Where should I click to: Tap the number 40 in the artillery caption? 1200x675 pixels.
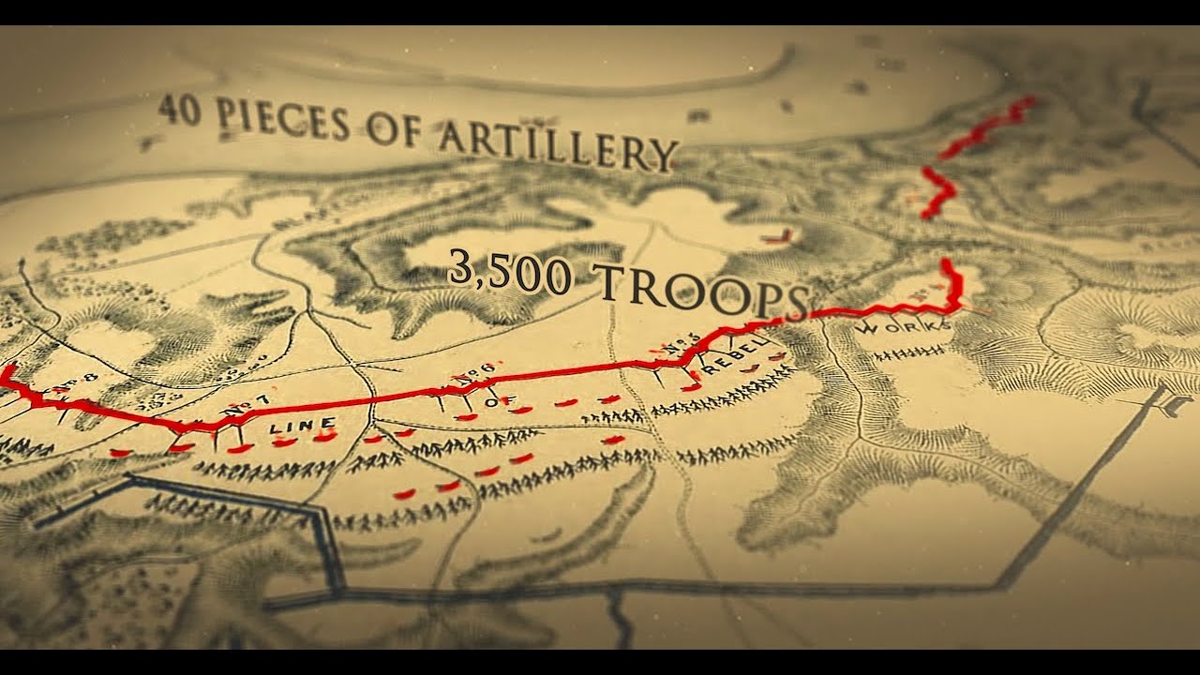(x=178, y=109)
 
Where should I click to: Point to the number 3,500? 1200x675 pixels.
(x=508, y=271)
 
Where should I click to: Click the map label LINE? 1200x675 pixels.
(x=302, y=427)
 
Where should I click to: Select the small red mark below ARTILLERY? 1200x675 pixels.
(x=779, y=236)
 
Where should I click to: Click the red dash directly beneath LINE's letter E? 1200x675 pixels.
(x=324, y=437)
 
